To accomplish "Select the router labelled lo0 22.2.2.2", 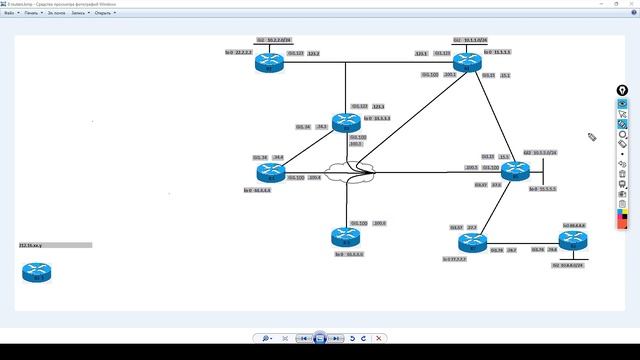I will click(268, 62).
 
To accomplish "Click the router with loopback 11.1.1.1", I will click(466, 63).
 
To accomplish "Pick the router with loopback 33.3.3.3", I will click(347, 121).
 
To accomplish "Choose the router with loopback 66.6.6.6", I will click(346, 236).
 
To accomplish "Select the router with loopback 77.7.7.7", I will click(472, 242).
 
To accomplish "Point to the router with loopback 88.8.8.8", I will click(572, 240).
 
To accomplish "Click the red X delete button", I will click(379, 339).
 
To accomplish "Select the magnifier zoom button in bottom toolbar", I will click(267, 339).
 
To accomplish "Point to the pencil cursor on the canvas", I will click(592, 137).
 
